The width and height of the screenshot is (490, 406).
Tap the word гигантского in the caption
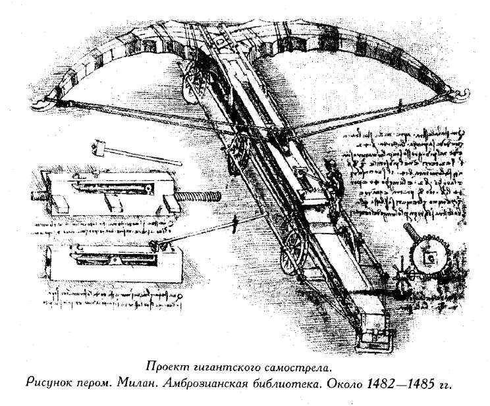(x=224, y=367)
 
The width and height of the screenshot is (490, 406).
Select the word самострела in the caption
(x=296, y=367)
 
